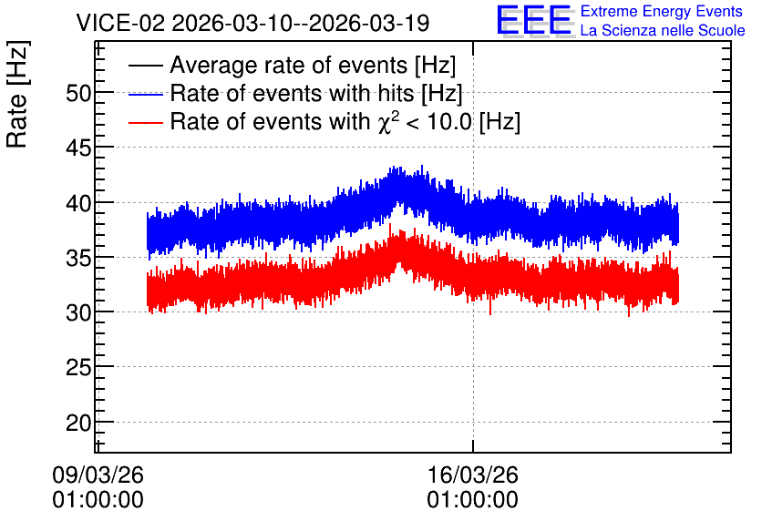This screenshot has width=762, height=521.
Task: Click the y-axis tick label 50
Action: [78, 93]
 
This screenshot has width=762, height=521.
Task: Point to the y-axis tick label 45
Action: [78, 148]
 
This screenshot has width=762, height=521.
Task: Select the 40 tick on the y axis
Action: [78, 203]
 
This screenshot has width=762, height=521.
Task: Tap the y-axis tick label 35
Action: [78, 258]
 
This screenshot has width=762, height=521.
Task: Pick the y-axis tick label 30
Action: [78, 312]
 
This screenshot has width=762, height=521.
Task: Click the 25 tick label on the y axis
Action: [78, 368]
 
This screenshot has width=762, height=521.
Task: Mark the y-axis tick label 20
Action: [78, 423]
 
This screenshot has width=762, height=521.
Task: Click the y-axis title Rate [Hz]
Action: [17, 94]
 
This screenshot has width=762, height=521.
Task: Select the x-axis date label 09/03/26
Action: [98, 475]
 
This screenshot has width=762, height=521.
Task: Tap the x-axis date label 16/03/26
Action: [473, 475]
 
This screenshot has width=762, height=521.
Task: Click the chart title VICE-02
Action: [120, 23]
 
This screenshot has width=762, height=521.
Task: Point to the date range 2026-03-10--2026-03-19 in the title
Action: [301, 23]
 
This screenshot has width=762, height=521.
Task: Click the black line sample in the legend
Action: [145, 66]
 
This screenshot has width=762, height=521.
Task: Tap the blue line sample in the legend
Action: [145, 94]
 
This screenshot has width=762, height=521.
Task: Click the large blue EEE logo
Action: [534, 20]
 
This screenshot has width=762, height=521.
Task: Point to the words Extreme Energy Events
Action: [662, 11]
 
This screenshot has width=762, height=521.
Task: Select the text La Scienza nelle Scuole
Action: [663, 30]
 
